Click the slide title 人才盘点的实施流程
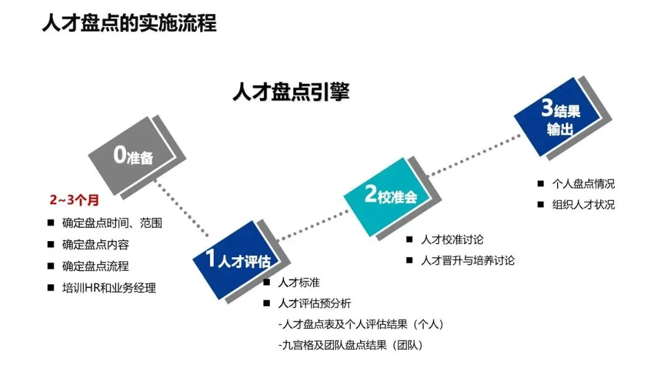[x=129, y=24]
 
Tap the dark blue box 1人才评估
[x=237, y=262]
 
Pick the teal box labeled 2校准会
[x=390, y=196]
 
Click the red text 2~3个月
[x=75, y=200]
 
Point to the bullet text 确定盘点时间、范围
[x=112, y=223]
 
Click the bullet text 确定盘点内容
[x=96, y=245]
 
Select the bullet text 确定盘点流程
[x=96, y=266]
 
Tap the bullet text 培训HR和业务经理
[x=109, y=288]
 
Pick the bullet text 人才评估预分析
[x=315, y=303]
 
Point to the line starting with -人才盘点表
[x=361, y=324]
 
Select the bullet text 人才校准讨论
[x=452, y=239]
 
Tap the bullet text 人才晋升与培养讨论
[x=468, y=260]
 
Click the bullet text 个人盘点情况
[x=584, y=183]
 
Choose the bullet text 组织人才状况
[x=584, y=205]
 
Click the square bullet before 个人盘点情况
[x=540, y=183]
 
